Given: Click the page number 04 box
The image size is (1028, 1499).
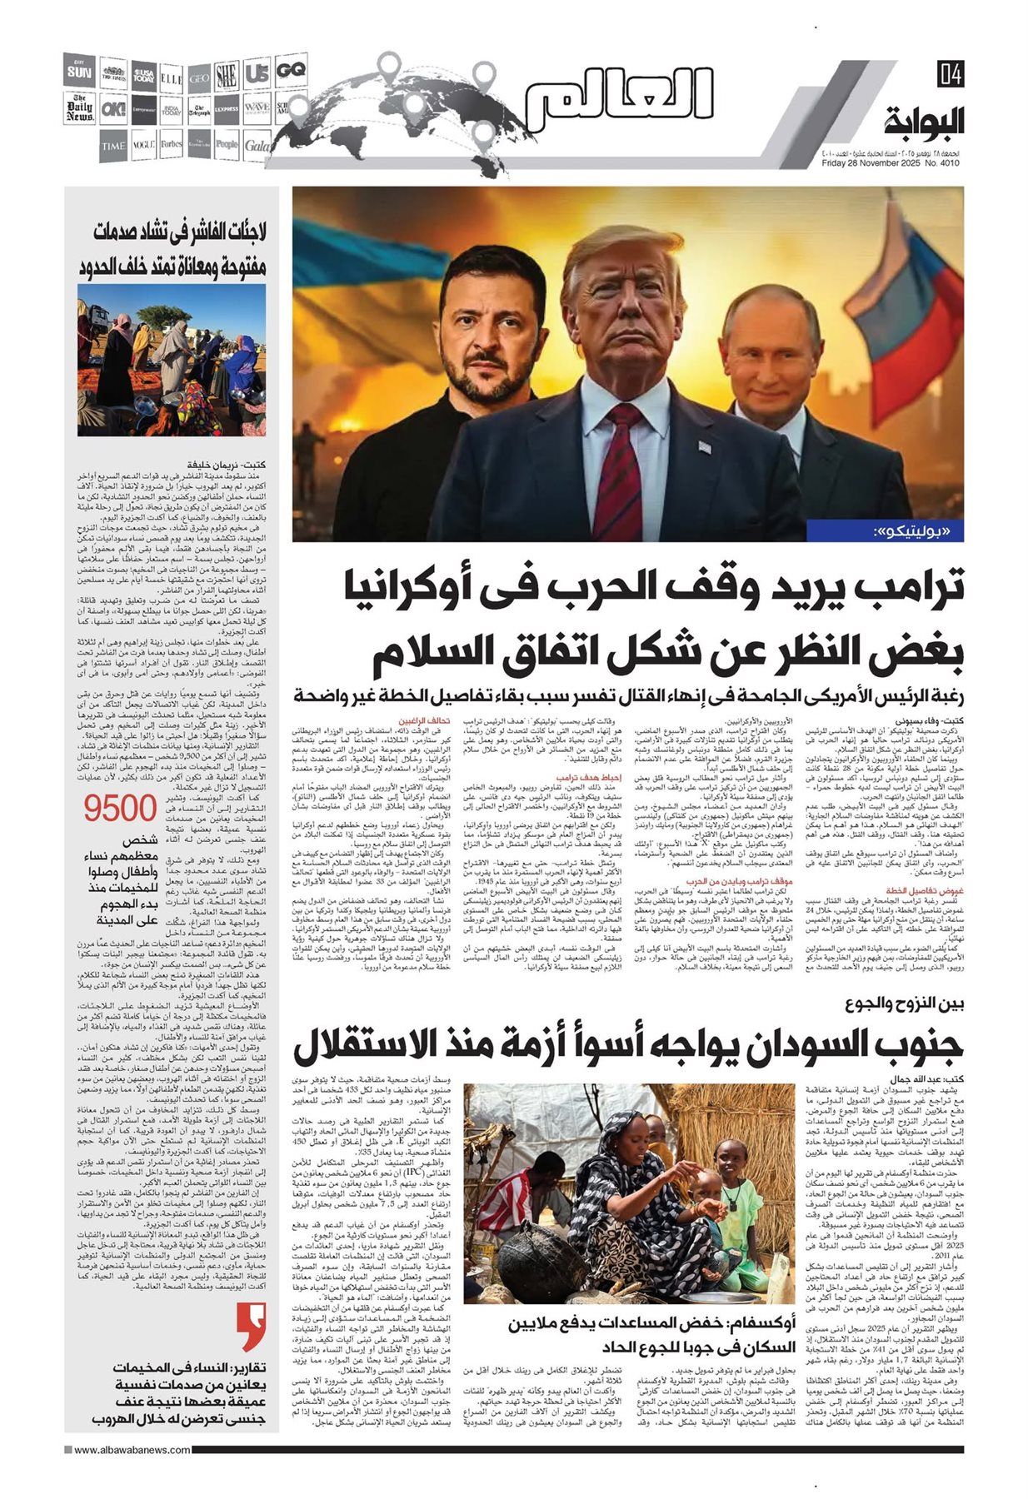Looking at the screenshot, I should [950, 74].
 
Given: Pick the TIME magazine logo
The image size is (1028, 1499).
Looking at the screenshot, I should [113, 146].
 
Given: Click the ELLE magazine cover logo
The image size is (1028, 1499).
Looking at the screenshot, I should [172, 76].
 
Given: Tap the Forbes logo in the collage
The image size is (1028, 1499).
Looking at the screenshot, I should [172, 144].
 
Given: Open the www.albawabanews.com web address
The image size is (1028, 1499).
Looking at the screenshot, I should [132, 1473].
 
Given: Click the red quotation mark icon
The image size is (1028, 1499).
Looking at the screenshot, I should [248, 1328].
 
